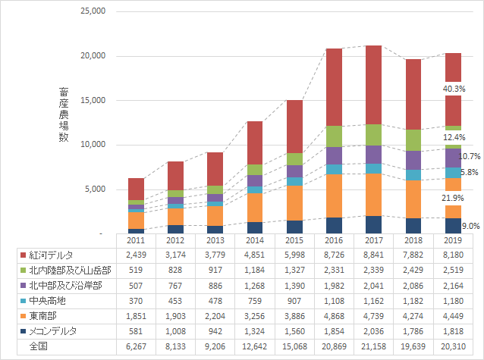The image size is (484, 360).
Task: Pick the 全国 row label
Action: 38,346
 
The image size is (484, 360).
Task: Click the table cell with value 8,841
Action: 374,255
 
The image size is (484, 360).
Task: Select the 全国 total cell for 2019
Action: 453,346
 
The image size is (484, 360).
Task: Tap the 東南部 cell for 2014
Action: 255,315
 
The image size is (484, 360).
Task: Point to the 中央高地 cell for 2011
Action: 136,300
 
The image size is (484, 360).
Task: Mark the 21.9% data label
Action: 454,198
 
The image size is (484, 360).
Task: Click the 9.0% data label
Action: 470,225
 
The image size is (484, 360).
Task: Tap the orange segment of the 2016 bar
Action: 334,196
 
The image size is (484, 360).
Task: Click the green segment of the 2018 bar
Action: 413,140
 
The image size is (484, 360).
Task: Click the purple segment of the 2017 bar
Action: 374,154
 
